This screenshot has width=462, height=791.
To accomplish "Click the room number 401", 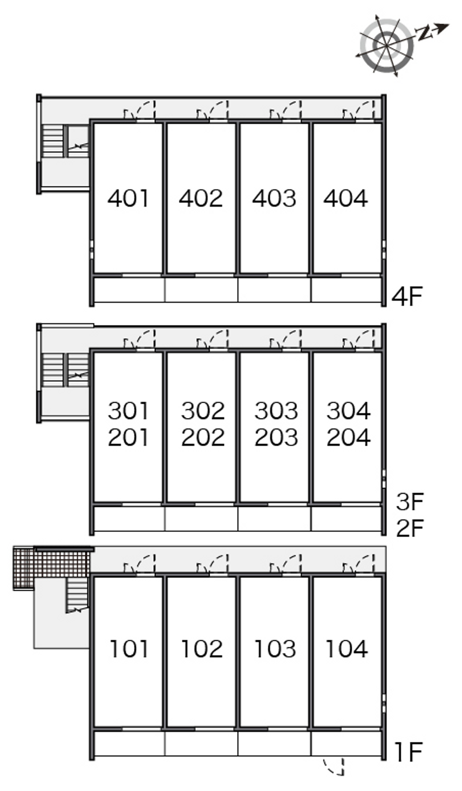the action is (128, 198).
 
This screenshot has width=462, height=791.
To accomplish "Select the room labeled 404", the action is (345, 198).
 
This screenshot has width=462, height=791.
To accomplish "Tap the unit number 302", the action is (203, 411).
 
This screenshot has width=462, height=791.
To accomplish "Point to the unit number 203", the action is (276, 438).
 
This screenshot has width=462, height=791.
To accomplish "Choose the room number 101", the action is (129, 649).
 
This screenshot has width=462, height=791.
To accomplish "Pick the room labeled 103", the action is (275, 649).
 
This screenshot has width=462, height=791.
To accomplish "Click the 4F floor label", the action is (407, 296).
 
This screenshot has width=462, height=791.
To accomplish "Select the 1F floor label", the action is (408, 752).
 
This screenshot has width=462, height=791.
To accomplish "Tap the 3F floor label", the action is (409, 501).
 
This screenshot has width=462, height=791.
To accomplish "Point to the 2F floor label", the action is (409, 528).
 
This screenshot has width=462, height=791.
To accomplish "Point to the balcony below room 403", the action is (274, 290).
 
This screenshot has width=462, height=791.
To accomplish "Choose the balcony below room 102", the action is (202, 744).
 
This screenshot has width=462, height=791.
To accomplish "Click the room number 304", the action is (348, 411).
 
